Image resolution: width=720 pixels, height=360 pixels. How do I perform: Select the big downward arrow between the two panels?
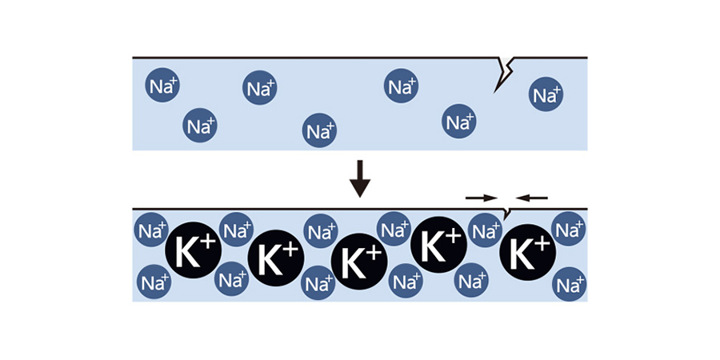coord(361,178)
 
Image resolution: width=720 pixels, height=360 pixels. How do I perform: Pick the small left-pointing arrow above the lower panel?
coord(532,196)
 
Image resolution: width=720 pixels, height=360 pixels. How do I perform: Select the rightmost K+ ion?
coord(528,253)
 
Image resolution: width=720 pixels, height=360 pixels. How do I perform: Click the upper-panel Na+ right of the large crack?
coord(546,95)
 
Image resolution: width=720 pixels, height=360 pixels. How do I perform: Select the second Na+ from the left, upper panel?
coord(201,125)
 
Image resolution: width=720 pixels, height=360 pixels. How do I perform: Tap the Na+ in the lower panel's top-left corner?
coord(151,232)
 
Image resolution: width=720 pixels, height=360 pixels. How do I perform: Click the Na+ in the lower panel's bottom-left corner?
coord(154,282)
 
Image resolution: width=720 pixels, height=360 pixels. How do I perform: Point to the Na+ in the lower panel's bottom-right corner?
coord(570,284)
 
